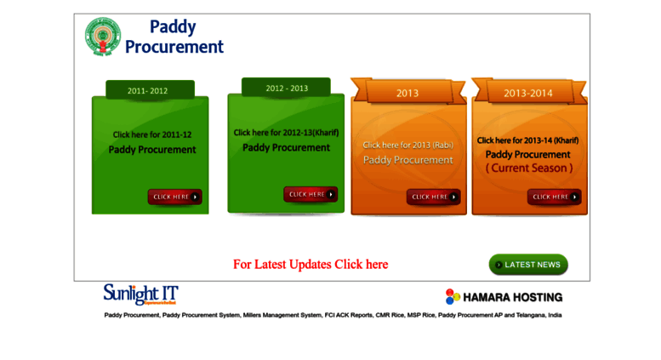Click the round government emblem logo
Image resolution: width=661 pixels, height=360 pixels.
pyautogui.click(x=103, y=37)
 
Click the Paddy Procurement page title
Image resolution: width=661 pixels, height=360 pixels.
pyautogui.click(x=174, y=37)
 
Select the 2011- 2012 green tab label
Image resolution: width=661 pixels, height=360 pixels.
pyautogui.click(x=148, y=89)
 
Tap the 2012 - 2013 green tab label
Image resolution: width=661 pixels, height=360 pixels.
pyautogui.click(x=286, y=88)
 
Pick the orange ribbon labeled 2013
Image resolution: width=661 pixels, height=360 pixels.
pyautogui.click(x=407, y=92)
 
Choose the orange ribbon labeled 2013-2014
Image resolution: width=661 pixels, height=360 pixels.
pyautogui.click(x=527, y=93)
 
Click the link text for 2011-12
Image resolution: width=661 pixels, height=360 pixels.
pyautogui.click(x=152, y=134)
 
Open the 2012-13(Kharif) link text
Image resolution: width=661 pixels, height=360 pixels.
pyautogui.click(x=286, y=133)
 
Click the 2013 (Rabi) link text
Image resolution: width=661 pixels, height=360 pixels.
pyautogui.click(x=407, y=145)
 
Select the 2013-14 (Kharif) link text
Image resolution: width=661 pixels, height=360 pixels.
pyautogui.click(x=527, y=140)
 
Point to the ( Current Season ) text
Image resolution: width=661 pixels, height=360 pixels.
pyautogui.click(x=528, y=169)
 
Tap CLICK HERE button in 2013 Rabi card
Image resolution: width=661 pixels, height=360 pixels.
pyautogui.click(x=433, y=197)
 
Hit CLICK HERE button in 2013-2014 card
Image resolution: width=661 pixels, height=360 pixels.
pyautogui.click(x=554, y=197)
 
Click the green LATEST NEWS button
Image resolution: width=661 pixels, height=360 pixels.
pyautogui.click(x=528, y=265)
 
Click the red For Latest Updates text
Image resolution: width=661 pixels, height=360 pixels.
pyautogui.click(x=310, y=265)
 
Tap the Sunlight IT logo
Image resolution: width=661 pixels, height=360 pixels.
pyautogui.click(x=140, y=294)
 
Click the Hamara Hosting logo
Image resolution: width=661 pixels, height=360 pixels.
pyautogui.click(x=504, y=297)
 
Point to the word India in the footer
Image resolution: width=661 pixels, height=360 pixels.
pyautogui.click(x=555, y=315)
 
